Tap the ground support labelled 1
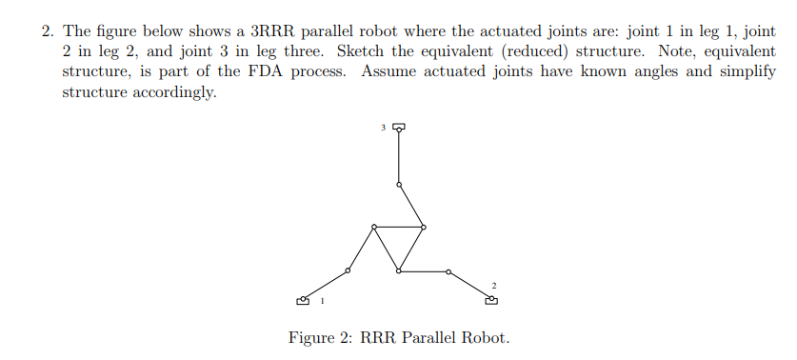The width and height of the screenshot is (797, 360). click(x=304, y=300)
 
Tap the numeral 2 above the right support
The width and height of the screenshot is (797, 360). click(x=494, y=285)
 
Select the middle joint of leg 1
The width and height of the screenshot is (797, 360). click(x=349, y=271)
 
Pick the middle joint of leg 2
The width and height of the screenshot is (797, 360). click(x=448, y=271)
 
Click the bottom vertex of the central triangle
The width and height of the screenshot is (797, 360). click(x=399, y=271)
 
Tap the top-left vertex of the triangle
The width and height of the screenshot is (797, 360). click(x=374, y=227)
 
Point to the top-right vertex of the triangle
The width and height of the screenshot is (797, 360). click(x=424, y=227)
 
